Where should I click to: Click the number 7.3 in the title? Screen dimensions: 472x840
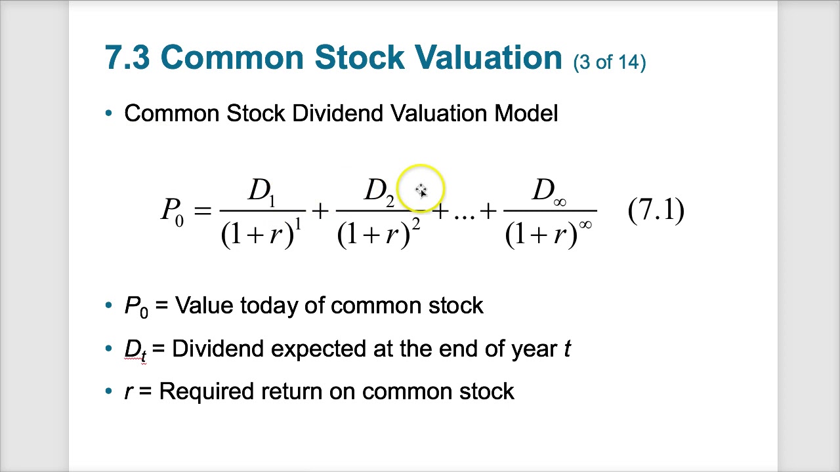(x=127, y=58)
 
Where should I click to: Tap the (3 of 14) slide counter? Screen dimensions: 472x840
(x=610, y=62)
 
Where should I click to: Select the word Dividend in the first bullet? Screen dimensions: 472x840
(x=339, y=113)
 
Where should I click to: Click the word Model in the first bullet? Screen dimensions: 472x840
(x=526, y=113)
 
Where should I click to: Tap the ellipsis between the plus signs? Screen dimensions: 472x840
(x=463, y=212)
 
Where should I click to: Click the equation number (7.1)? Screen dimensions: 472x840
(x=656, y=210)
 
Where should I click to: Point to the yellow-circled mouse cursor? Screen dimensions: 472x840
(x=421, y=190)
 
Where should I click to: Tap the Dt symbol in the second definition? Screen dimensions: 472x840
(x=135, y=349)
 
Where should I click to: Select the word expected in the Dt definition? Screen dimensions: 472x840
(x=320, y=349)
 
